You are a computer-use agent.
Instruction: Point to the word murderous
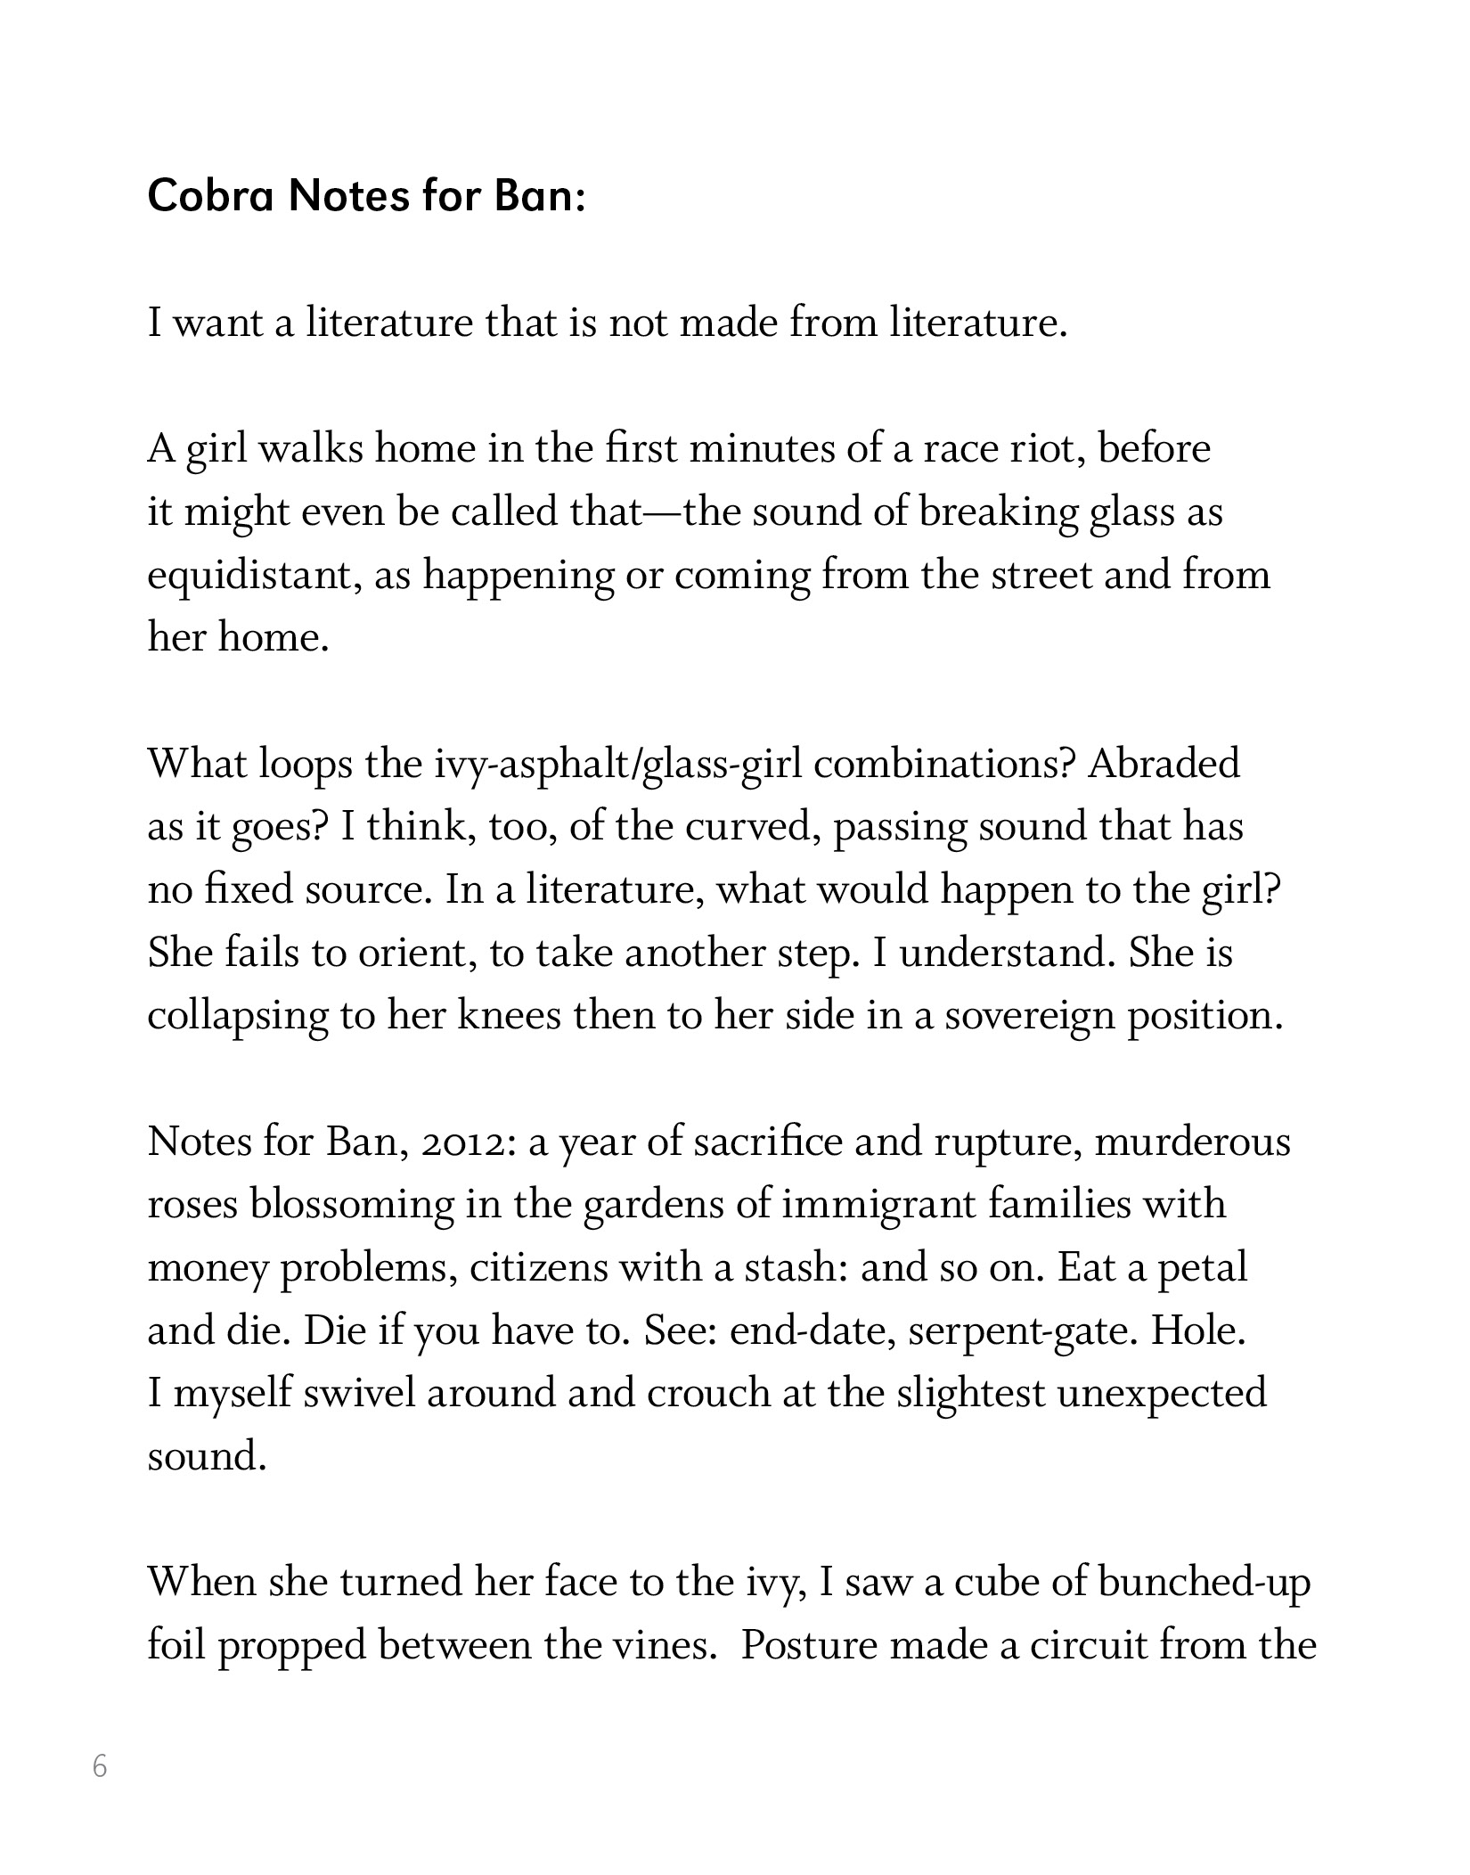[1192, 1142]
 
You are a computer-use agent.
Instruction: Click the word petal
[1202, 1268]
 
